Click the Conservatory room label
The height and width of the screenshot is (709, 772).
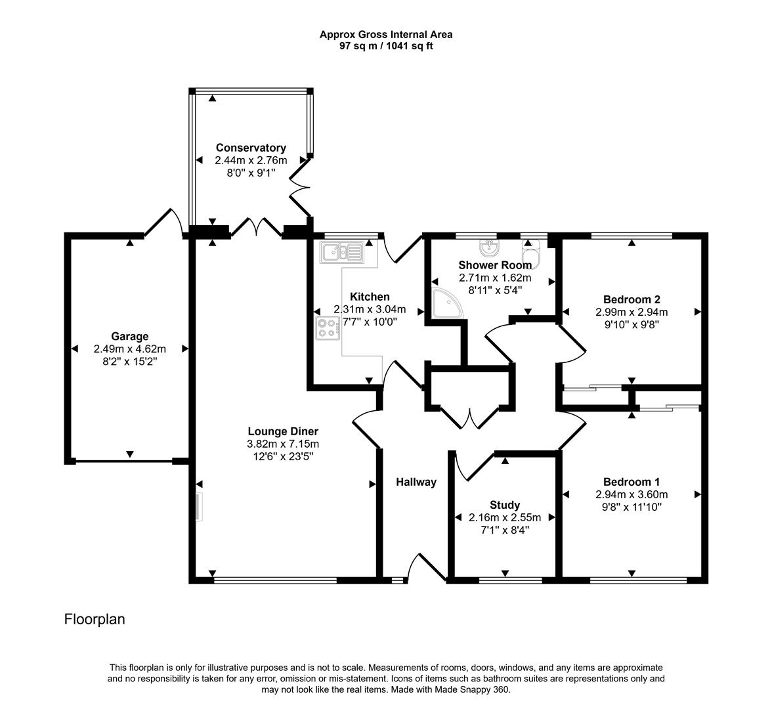(x=251, y=148)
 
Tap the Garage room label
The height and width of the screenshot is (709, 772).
(x=129, y=337)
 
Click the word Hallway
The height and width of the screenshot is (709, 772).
(x=416, y=482)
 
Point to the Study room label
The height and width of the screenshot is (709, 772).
(x=505, y=505)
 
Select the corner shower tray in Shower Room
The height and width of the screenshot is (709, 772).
(x=446, y=301)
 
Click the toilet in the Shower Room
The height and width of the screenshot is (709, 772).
(x=530, y=255)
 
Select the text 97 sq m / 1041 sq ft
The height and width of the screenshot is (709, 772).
(x=386, y=46)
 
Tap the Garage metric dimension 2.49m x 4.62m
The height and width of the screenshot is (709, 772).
(x=129, y=349)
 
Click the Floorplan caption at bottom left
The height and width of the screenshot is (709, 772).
(x=95, y=619)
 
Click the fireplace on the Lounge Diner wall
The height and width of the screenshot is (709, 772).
(x=198, y=507)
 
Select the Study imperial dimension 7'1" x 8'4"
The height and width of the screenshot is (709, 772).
(x=505, y=530)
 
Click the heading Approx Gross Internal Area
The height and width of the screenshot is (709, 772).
(x=386, y=34)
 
